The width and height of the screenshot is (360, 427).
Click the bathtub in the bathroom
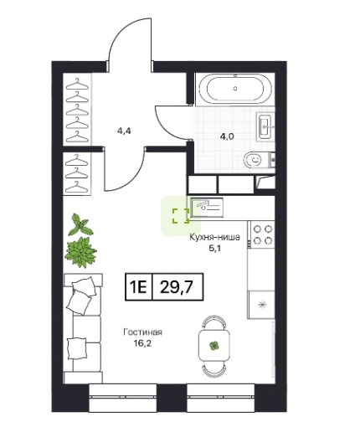coord(235,89)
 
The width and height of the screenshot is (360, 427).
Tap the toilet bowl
coord(253,160)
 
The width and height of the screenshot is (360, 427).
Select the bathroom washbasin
coord(265,127)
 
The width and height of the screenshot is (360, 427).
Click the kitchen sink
coord(207,207)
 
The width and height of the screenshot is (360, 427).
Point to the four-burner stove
coord(263,234)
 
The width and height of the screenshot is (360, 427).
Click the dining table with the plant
coord(214,346)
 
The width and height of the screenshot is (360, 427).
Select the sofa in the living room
coord(83,328)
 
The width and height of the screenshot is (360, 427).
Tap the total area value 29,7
coord(177,286)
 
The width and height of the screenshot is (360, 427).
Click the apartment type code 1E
coord(138,287)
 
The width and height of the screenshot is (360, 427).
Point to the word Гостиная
coord(142,332)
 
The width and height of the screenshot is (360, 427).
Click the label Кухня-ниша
coord(214,237)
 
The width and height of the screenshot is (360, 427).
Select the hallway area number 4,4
coord(124,131)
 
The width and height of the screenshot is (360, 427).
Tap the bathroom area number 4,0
coord(227,136)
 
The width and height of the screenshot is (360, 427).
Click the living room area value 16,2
coord(142,343)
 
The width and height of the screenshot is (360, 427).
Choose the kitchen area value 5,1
coord(215,248)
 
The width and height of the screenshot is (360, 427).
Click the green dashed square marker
coord(181,216)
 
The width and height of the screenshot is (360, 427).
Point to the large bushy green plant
coord(80,252)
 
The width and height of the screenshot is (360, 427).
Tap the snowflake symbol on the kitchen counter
coord(261,305)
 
